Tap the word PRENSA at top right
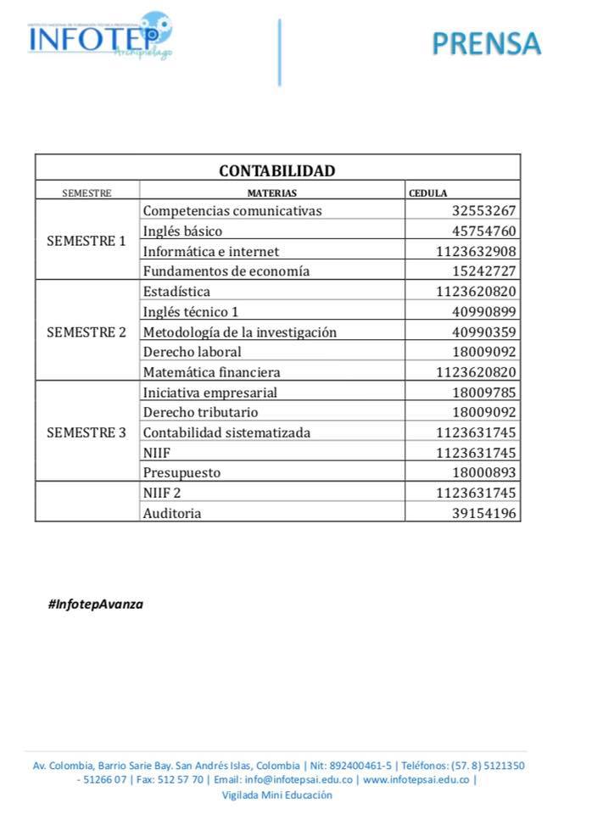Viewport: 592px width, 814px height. (486, 42)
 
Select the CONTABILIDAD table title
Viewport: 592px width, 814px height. (277, 170)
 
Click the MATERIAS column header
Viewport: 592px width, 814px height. (271, 193)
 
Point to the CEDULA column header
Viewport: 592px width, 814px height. (427, 193)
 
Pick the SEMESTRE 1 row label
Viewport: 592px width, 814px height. (87, 241)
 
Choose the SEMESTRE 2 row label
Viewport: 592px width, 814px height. (87, 332)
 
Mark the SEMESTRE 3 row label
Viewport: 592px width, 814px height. (87, 432)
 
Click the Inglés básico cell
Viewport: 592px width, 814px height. (182, 231)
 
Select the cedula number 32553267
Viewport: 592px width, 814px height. (484, 211)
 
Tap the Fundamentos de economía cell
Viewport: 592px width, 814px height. (226, 271)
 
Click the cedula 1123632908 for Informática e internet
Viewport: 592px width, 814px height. (476, 251)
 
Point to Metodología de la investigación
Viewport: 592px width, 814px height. (240, 332)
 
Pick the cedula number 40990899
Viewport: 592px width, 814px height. (484, 311)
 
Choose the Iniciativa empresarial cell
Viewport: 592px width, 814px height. (210, 392)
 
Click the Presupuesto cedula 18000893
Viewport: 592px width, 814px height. (484, 472)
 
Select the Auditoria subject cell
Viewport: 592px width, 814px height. (173, 513)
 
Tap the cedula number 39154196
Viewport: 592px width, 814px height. (484, 513)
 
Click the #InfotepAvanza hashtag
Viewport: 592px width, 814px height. (96, 605)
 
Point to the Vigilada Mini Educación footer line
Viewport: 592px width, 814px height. (277, 795)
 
